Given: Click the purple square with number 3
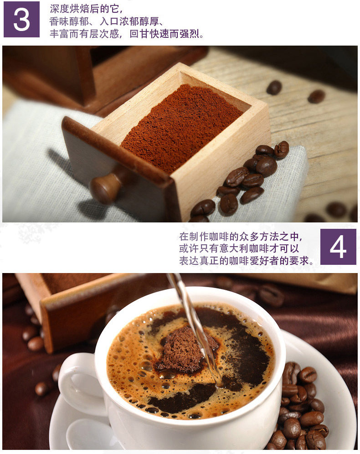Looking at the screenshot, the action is pos(22,20).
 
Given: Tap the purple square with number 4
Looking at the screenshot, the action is pos(338,247).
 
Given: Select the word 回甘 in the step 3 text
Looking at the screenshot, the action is pos(139,34).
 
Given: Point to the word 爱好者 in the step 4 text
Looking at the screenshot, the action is pos(264,261).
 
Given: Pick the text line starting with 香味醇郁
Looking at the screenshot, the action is pos(107,21).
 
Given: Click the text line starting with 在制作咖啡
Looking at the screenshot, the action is pos(241,237).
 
